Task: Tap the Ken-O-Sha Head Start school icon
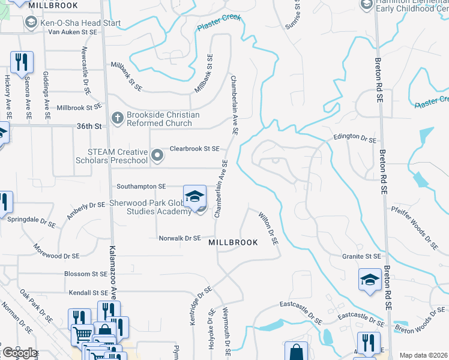point(31,23)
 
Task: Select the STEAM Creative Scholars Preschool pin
point(157,156)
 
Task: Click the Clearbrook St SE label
point(194,148)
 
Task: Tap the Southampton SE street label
point(137,187)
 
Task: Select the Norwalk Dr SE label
point(179,238)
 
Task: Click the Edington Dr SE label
point(355,139)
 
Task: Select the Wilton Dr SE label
point(269,228)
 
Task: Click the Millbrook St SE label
point(79,107)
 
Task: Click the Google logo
point(20,353)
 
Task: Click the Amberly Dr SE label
point(86,210)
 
